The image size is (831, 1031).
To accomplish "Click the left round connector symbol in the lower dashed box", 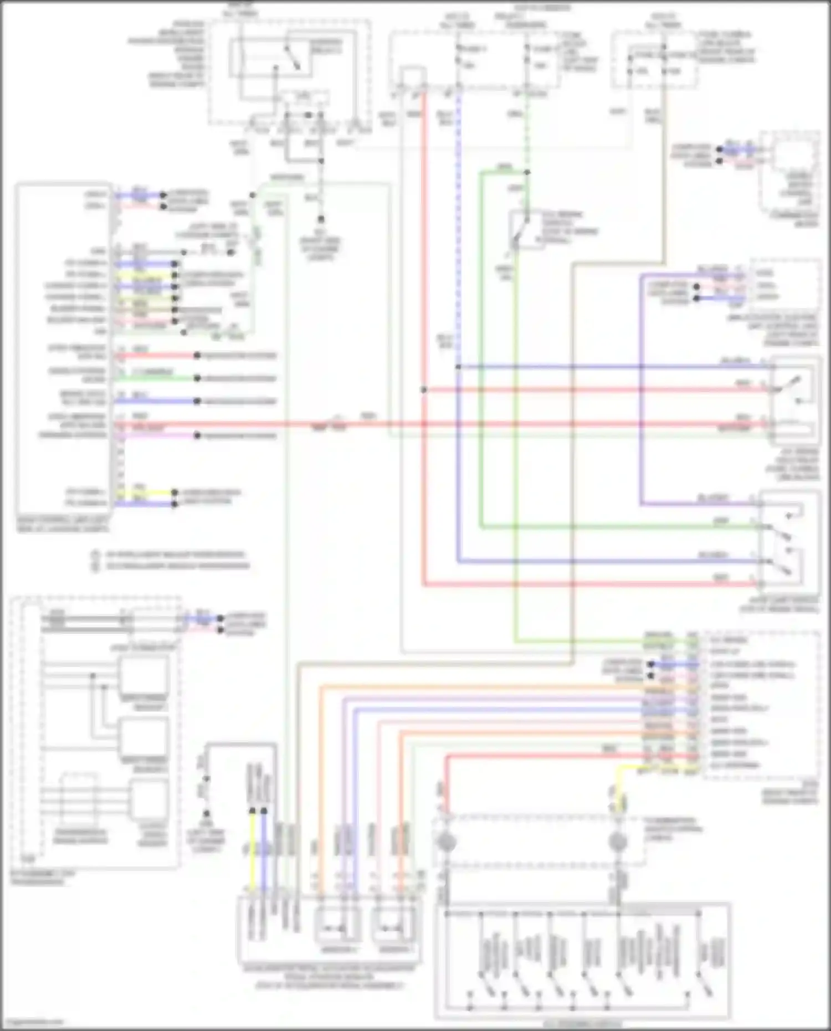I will coord(446,843).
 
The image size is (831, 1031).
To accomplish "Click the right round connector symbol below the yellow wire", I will coord(618,843).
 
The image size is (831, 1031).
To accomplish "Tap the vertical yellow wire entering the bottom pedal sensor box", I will coord(252,853).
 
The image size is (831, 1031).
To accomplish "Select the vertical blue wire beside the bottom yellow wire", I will coord(264,853).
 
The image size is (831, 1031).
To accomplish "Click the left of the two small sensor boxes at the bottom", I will coord(337,926).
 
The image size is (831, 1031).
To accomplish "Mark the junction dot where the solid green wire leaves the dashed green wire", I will coord(527,172).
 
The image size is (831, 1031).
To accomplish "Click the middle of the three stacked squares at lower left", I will coord(145,737).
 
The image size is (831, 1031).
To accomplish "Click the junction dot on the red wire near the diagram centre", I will coord(424,390).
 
